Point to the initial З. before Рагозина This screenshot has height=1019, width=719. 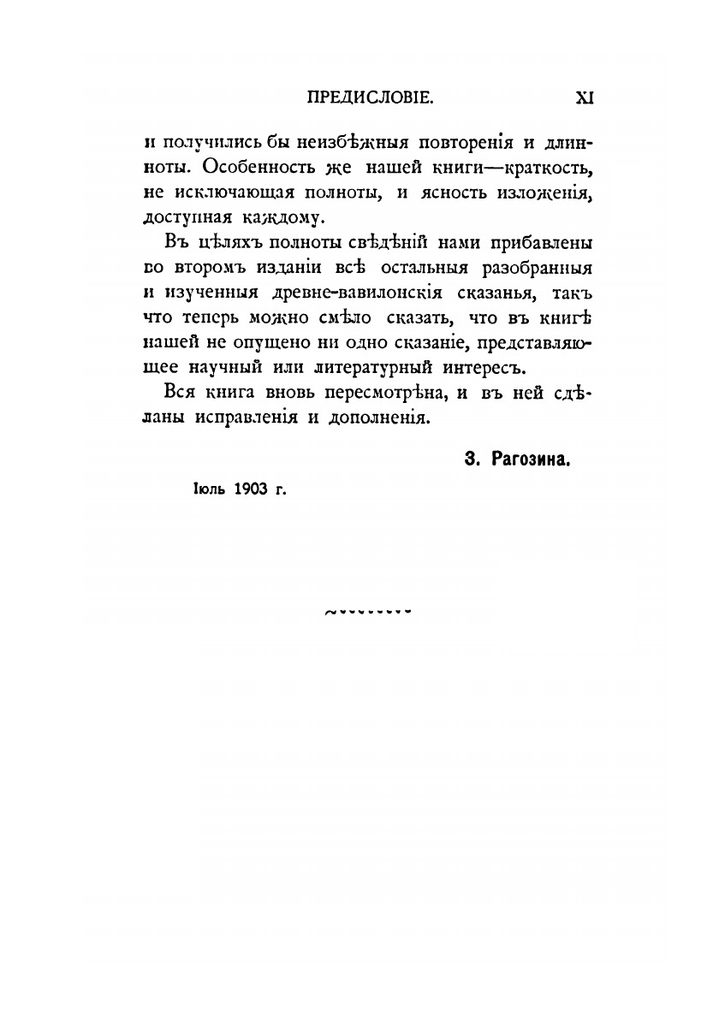click(471, 460)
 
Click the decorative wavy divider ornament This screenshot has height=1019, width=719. click(369, 612)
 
